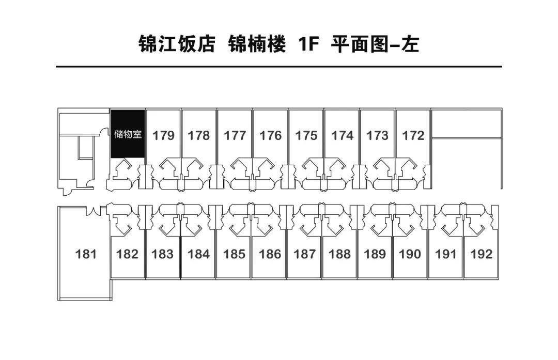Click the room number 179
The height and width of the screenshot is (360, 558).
coord(163,135)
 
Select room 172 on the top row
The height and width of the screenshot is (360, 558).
coord(413,135)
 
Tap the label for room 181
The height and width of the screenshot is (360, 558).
coord(86,254)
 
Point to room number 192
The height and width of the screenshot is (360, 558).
coord(482,254)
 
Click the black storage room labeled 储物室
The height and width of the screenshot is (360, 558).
coord(128,134)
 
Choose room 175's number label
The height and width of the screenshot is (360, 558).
coord(306,135)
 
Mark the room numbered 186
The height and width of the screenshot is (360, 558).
coord(270,254)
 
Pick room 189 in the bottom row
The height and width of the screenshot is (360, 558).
coord(375,254)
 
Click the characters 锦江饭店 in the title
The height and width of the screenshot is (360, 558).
coord(177,44)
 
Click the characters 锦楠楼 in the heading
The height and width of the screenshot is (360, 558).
coord(257,44)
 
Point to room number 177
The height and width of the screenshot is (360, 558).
coord(235,135)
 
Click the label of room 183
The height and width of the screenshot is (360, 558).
coord(162,254)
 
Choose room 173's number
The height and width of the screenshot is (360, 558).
coord(377,135)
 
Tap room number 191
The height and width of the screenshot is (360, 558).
coord(445,254)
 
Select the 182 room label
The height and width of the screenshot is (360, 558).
coord(127,254)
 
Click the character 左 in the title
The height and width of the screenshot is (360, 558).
coord(410,44)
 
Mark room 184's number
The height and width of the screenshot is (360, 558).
coord(198,254)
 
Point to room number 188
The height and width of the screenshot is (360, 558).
coord(339,254)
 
